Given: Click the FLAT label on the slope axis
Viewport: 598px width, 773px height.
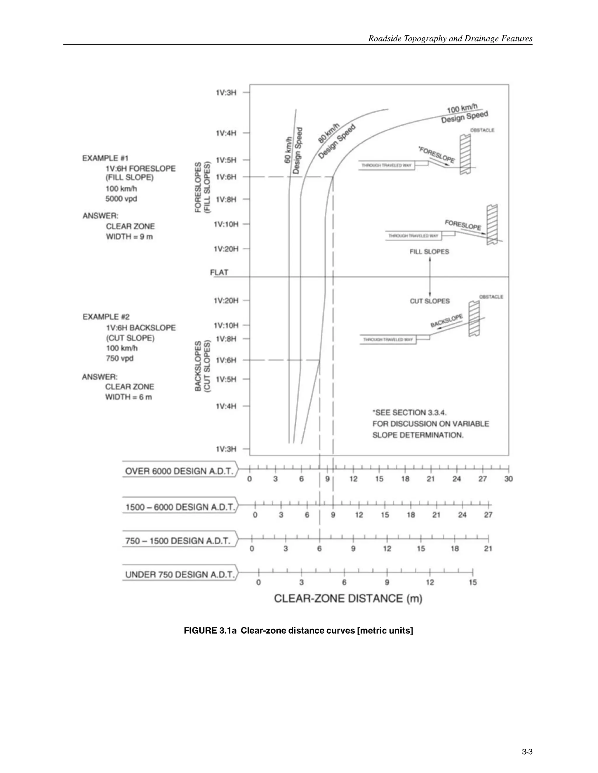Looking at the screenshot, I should click(x=219, y=272).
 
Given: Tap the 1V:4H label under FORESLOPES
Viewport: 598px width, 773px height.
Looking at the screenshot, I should click(x=226, y=133).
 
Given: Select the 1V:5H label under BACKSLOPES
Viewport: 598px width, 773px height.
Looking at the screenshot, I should click(x=226, y=379).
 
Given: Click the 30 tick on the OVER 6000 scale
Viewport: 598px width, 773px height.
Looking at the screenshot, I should click(x=508, y=479).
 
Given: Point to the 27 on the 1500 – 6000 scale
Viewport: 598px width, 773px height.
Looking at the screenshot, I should click(x=488, y=515).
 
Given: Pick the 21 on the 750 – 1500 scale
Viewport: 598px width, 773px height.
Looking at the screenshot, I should click(x=488, y=549).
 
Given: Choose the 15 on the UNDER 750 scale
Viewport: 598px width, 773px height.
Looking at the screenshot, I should click(x=473, y=582).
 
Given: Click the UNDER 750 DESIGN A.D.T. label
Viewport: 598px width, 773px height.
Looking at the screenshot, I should click(x=180, y=574).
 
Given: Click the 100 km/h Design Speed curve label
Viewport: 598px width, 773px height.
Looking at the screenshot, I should click(x=464, y=113).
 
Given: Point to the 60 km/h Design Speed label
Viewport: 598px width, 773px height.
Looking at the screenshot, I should click(x=293, y=151).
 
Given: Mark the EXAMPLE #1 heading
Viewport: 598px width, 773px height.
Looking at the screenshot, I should click(x=105, y=158).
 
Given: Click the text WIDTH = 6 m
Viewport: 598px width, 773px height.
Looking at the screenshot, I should click(x=128, y=397).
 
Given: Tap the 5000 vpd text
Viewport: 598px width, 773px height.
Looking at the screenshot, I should click(x=121, y=199).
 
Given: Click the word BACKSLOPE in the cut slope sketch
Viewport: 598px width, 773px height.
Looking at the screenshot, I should click(x=446, y=321).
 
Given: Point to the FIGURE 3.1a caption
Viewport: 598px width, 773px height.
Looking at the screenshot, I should click(x=298, y=630).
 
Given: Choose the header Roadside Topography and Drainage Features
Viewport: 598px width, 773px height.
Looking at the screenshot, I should click(x=450, y=39).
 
